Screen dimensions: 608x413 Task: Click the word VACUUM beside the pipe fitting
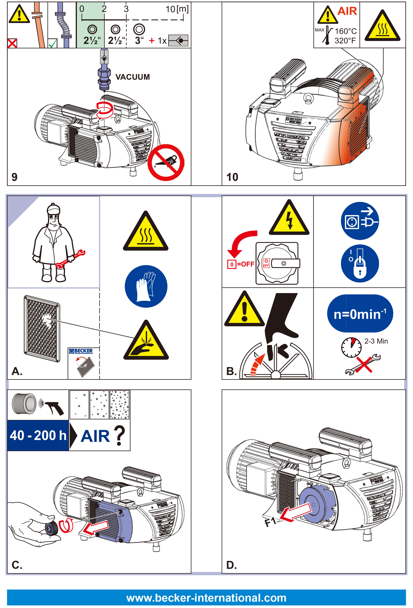click(x=132, y=77)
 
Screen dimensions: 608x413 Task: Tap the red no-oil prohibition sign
click(x=166, y=163)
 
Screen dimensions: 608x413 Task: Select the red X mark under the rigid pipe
click(x=12, y=43)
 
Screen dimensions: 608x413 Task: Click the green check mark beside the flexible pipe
click(x=53, y=43)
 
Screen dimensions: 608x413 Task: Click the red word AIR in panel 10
click(x=347, y=11)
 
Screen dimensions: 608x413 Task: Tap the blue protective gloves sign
click(x=146, y=286)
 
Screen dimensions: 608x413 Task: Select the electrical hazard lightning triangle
click(x=289, y=219)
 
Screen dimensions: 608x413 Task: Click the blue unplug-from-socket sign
click(x=360, y=221)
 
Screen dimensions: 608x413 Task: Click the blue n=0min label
click(x=360, y=314)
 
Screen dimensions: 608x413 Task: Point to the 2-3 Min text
click(x=376, y=341)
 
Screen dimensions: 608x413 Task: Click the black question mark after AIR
click(x=119, y=435)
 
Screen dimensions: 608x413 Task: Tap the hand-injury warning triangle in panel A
click(x=146, y=341)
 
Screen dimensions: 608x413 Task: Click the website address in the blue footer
click(x=206, y=598)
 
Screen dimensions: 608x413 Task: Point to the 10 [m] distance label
click(x=177, y=9)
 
